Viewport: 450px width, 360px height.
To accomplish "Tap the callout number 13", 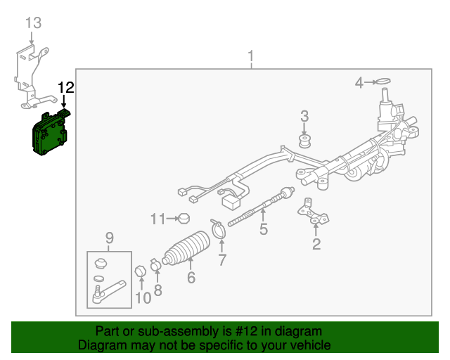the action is tap(33, 22).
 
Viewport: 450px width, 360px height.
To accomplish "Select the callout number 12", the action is tap(66, 87).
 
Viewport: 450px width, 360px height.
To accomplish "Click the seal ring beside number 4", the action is tap(383, 82).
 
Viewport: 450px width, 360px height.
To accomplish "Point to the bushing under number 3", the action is tap(304, 141).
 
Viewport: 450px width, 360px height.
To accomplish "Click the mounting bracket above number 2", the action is tap(313, 212).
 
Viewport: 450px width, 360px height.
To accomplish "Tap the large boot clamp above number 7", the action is tap(219, 229).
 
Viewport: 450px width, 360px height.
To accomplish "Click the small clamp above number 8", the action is tap(155, 265).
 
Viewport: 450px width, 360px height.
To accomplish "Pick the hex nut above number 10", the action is tap(141, 271).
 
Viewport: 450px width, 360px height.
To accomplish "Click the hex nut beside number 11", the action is tap(184, 219).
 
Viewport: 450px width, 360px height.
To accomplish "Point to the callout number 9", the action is tap(110, 238).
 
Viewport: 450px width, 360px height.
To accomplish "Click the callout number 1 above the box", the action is tap(251, 56).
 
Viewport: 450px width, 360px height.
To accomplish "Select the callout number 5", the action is tap(264, 229).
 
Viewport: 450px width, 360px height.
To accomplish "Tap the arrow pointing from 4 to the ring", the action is tap(371, 82).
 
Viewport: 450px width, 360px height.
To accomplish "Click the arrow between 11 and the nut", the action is tap(172, 219).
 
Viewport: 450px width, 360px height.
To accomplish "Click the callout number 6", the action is tap(191, 278).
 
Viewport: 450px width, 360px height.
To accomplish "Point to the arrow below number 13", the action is tap(32, 38).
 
